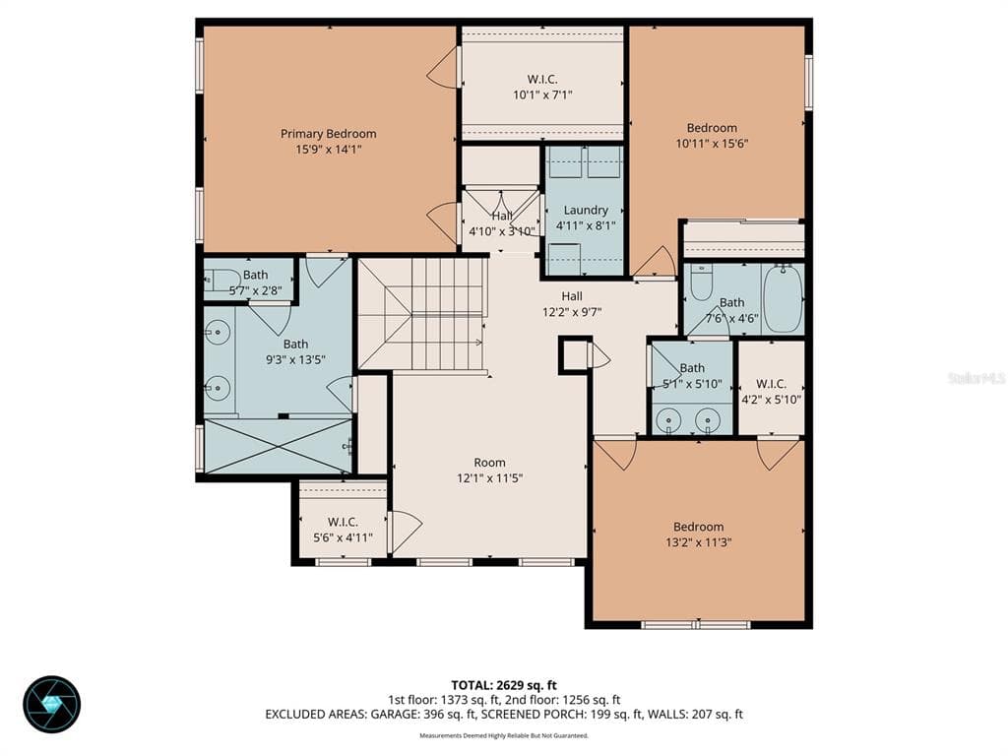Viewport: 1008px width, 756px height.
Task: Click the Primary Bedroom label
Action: [x=328, y=134]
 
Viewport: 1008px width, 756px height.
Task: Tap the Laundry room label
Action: [x=586, y=211]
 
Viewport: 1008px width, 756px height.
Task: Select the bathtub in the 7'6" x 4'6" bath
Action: [x=783, y=298]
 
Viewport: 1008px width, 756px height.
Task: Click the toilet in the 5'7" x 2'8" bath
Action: [x=217, y=280]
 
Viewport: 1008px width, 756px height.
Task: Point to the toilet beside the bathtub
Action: [x=701, y=283]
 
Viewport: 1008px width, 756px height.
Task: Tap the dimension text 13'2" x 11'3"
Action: [x=698, y=542]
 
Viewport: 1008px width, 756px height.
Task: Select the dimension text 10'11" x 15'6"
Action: [x=712, y=144]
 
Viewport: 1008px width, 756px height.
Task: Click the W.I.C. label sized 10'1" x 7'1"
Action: [x=542, y=79]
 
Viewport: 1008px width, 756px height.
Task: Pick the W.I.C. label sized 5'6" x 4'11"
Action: [x=343, y=522]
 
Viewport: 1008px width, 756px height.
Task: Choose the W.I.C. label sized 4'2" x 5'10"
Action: [x=771, y=384]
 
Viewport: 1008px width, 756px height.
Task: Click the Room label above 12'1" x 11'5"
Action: [x=490, y=463]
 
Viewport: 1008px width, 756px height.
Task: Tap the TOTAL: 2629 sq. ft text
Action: [x=504, y=685]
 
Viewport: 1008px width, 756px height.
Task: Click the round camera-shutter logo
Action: [x=52, y=704]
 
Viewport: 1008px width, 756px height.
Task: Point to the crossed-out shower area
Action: [x=278, y=446]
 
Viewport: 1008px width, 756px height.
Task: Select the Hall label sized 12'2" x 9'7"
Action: [x=572, y=295]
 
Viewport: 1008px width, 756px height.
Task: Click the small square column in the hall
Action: [x=574, y=354]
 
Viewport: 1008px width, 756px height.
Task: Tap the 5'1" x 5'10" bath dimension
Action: [x=692, y=384]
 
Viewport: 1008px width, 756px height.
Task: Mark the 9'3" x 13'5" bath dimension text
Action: [x=295, y=360]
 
